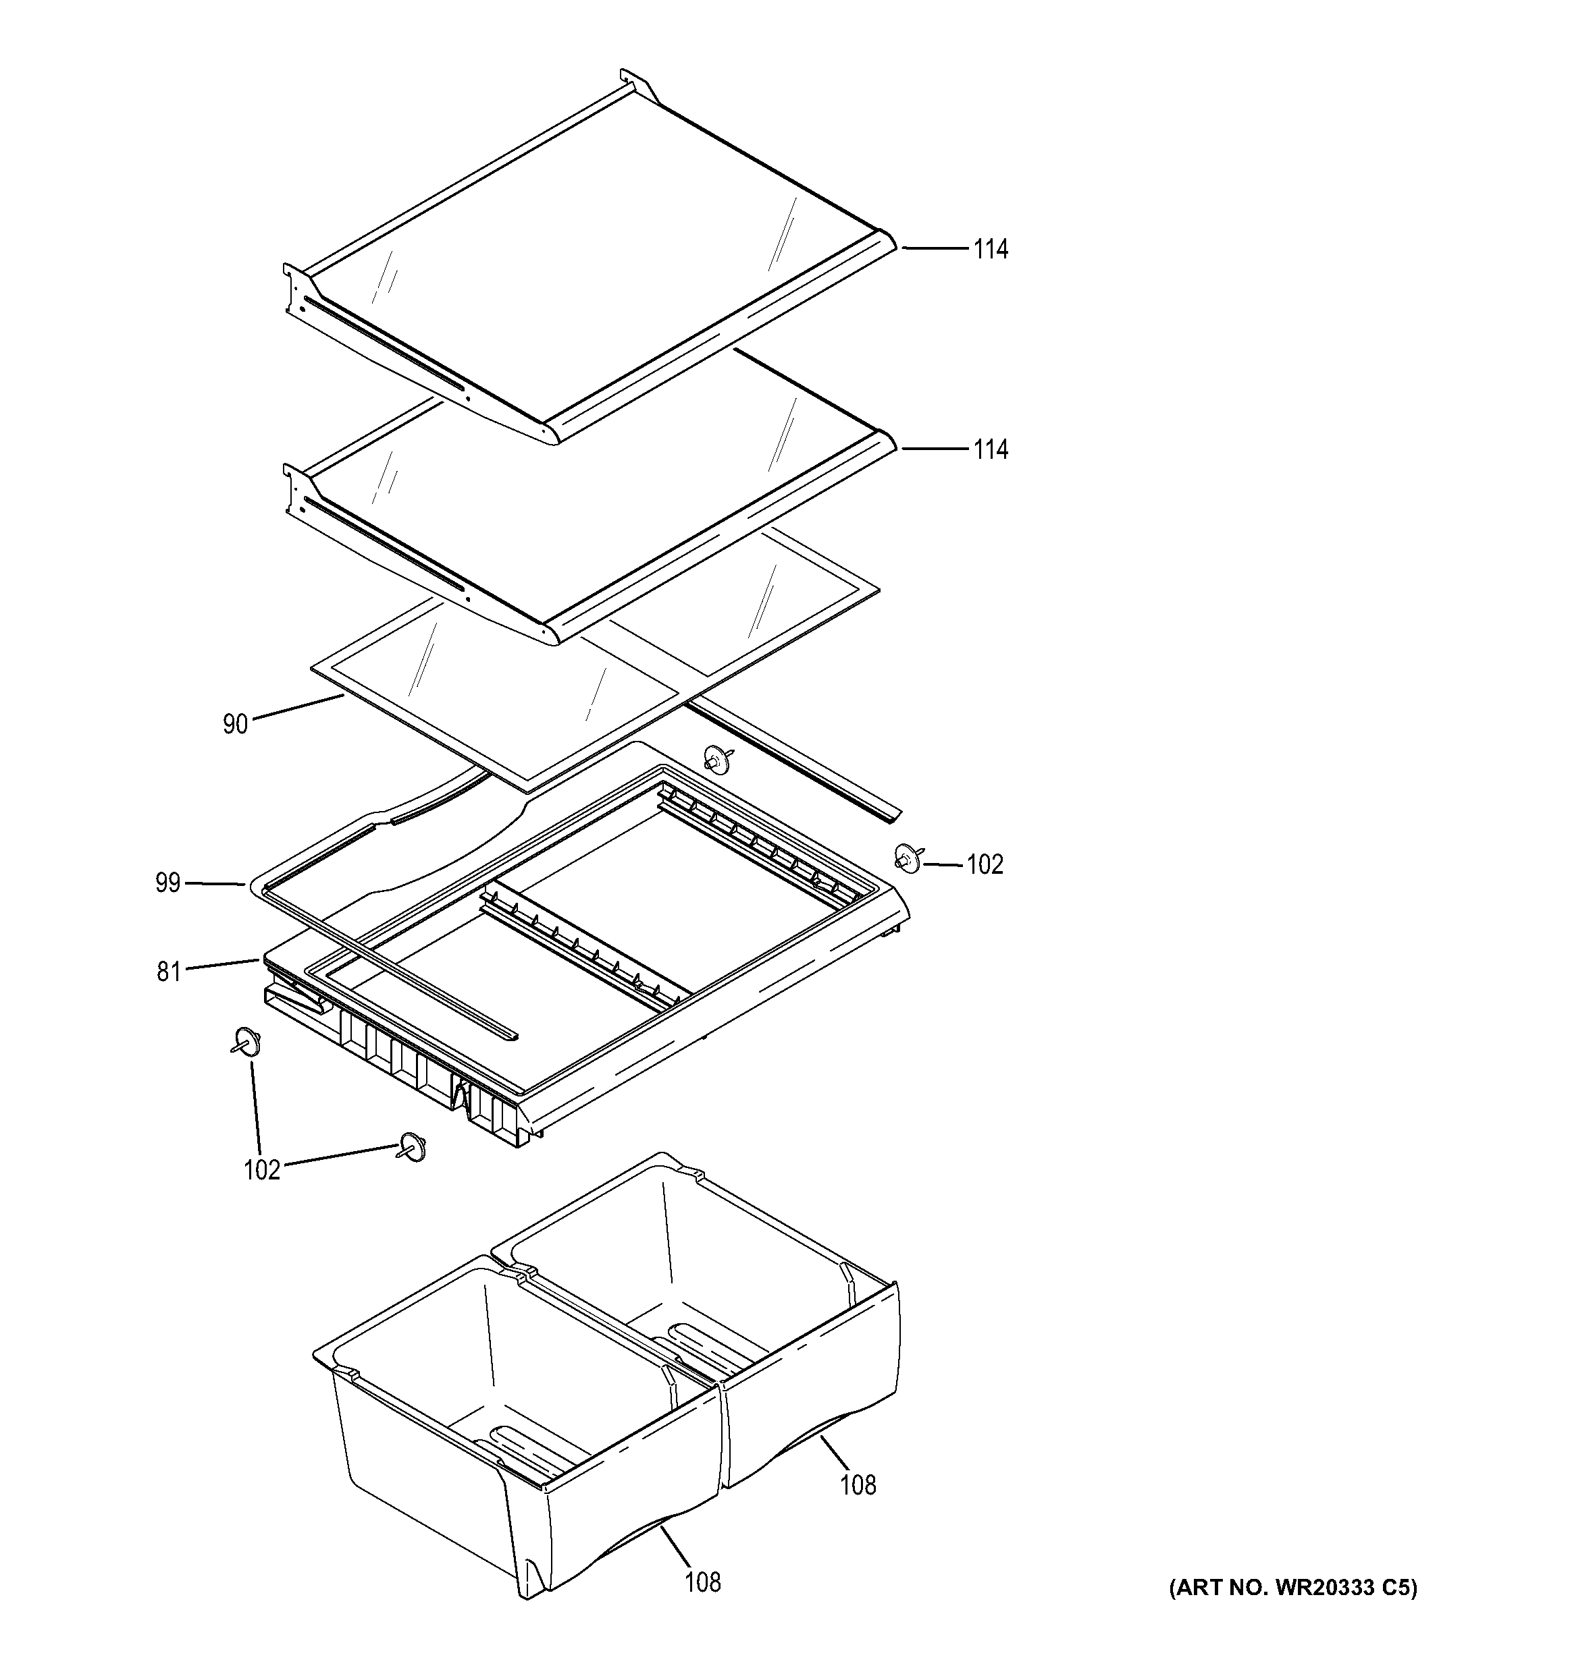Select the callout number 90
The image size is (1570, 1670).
click(x=236, y=724)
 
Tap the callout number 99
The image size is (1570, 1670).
click(x=167, y=883)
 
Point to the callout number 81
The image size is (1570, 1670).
click(x=168, y=972)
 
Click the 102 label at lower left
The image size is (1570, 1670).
click(x=261, y=1170)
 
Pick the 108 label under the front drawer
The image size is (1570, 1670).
click(x=703, y=1584)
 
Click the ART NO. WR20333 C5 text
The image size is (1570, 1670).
click(x=1292, y=1588)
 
